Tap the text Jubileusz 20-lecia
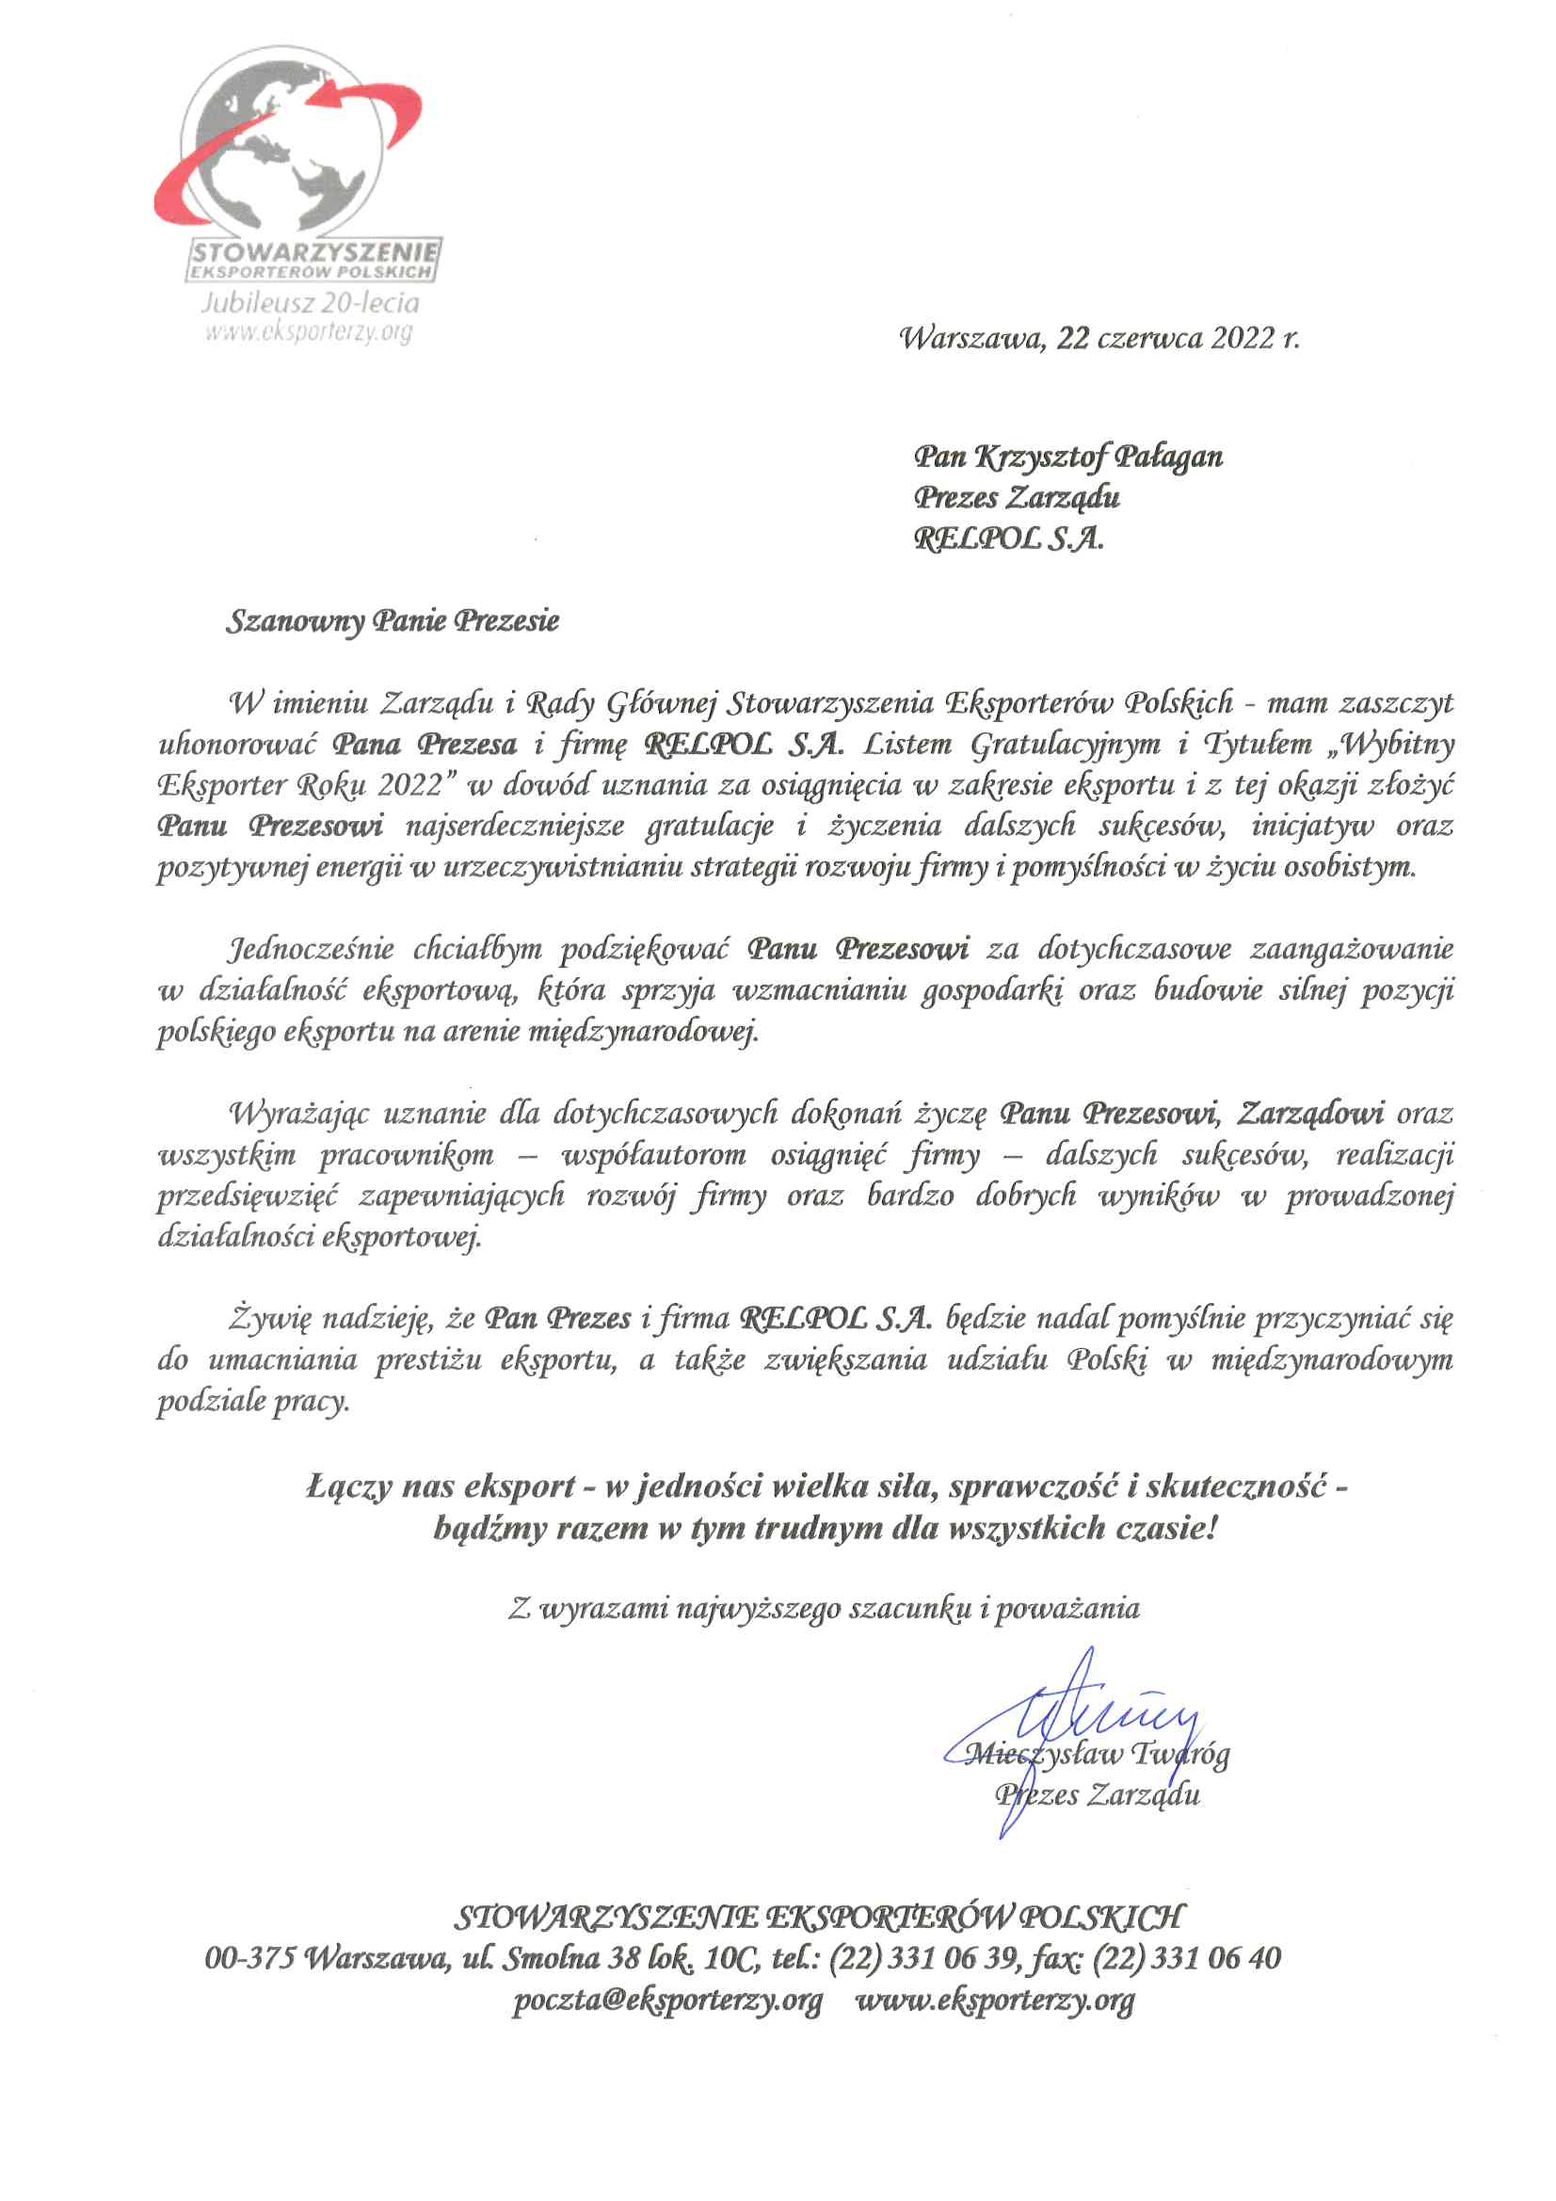click(x=310, y=303)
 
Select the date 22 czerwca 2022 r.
click(x=1179, y=338)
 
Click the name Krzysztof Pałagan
click(x=1098, y=457)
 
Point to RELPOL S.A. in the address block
click(x=1007, y=539)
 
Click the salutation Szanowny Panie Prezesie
click(x=393, y=621)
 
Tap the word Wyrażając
click(x=297, y=1113)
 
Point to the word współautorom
click(x=653, y=1154)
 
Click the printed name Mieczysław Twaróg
click(x=1098, y=1754)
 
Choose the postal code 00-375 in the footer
click(x=249, y=1958)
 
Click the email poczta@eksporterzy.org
click(x=667, y=2000)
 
